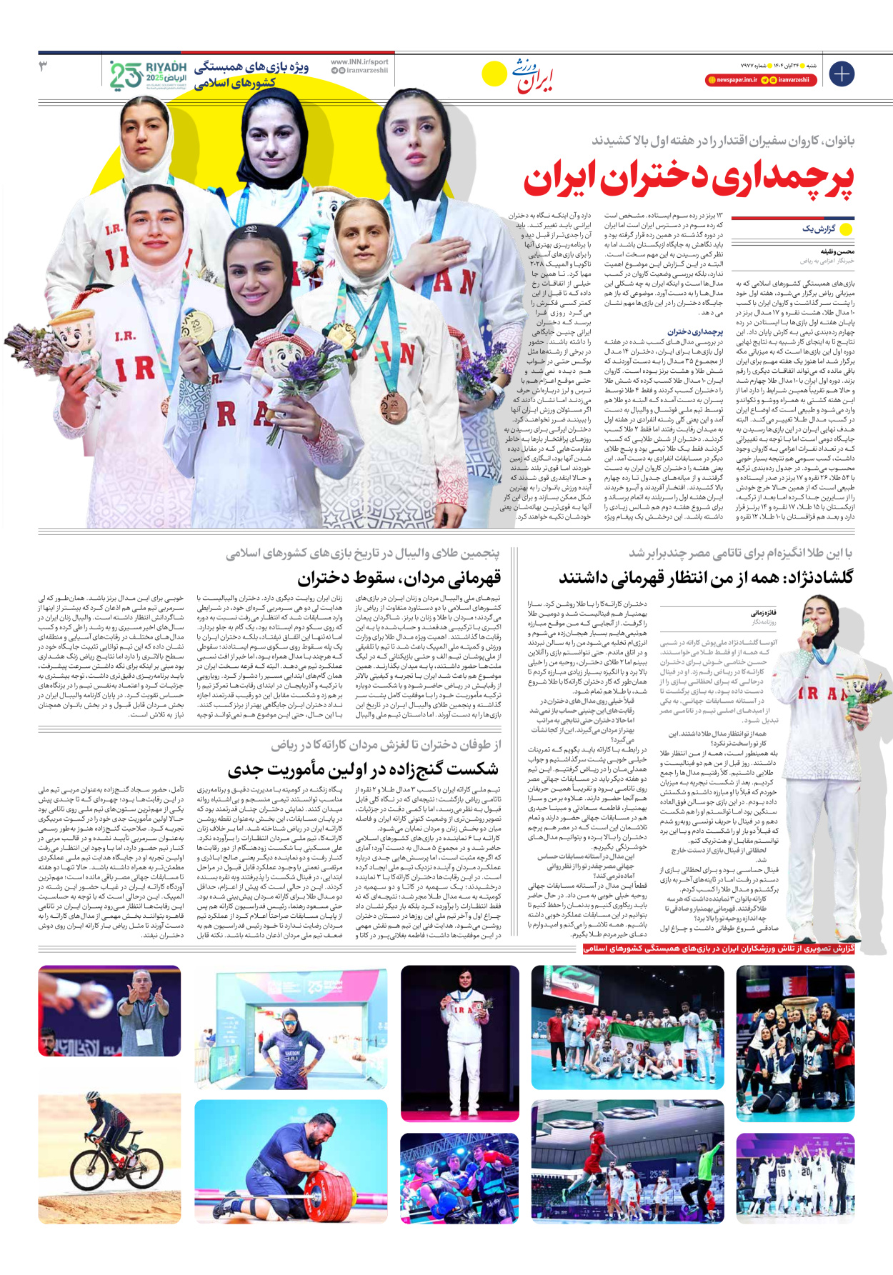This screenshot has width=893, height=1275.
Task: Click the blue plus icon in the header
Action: (x=842, y=74)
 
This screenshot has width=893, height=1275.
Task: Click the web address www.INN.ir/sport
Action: (x=359, y=62)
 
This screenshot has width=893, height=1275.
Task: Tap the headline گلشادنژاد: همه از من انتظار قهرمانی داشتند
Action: (x=705, y=577)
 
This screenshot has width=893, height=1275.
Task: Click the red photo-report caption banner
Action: (x=718, y=949)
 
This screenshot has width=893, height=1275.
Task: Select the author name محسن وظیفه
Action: (x=837, y=251)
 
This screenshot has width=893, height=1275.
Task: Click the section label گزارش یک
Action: (x=818, y=229)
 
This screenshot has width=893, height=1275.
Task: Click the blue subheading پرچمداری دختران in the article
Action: (x=695, y=331)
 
